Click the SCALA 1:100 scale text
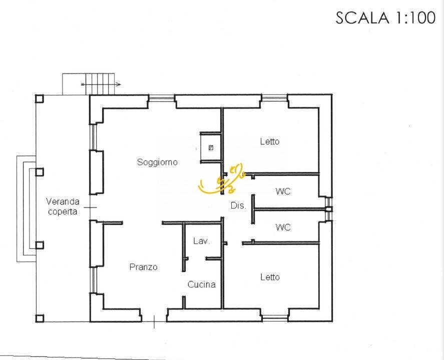coord(385,18)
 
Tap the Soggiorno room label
coord(157,162)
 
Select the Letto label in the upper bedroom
coord(270,141)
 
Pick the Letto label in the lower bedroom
coord(270,277)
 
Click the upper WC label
coord(283,191)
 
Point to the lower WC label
coord(283,227)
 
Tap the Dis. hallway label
coord(238,205)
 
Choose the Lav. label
coord(201,241)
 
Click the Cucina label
coord(201,284)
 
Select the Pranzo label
coord(143,267)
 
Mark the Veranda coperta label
coord(63,206)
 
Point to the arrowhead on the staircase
coord(118,84)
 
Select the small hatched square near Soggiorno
coord(211,147)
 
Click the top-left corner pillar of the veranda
coord(39,98)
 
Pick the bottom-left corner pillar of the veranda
coord(39,318)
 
